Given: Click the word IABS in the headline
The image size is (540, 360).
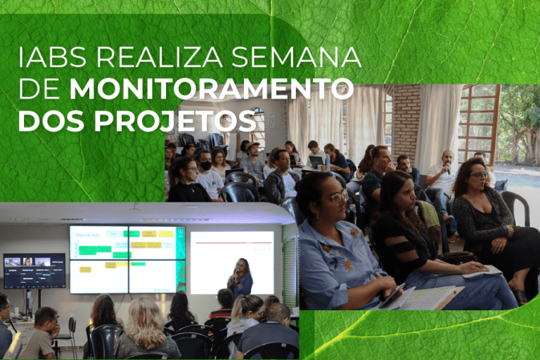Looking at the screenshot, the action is pyautogui.click(x=52, y=57).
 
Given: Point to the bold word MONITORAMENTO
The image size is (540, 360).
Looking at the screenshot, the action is pyautogui.click(x=212, y=89).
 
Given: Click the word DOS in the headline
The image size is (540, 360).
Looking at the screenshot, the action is pyautogui.click(x=51, y=121).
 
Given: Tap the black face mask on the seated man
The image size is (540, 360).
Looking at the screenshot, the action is pyautogui.click(x=206, y=166).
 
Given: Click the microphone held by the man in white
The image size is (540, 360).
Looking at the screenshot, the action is pyautogui.click(x=448, y=168).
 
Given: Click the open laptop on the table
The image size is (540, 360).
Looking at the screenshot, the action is pyautogui.click(x=316, y=162).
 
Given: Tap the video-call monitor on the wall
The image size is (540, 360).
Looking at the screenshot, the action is pyautogui.click(x=34, y=271).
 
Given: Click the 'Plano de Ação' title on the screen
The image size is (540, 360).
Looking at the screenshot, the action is pyautogui.click(x=88, y=235).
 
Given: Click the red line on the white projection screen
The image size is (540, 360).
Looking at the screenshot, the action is pyautogui.click(x=233, y=243).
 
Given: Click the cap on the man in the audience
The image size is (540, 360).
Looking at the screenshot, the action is pyautogui.click(x=252, y=145).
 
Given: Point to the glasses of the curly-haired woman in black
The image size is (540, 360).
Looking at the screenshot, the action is pyautogui.click(x=480, y=175).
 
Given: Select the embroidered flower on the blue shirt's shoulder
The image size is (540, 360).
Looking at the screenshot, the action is pyautogui.click(x=354, y=233).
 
